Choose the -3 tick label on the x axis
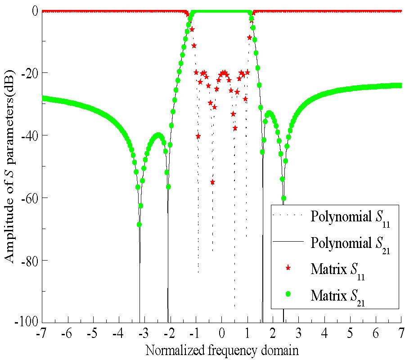pos(143,335)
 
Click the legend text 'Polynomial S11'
pos(347,217)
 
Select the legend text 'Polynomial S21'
pos(347,244)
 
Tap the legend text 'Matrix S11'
pos(337,270)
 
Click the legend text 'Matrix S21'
pos(337,296)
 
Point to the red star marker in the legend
pos(288,268)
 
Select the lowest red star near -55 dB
pos(212,182)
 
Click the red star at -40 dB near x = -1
pos(198,136)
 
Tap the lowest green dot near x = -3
pos(139,224)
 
